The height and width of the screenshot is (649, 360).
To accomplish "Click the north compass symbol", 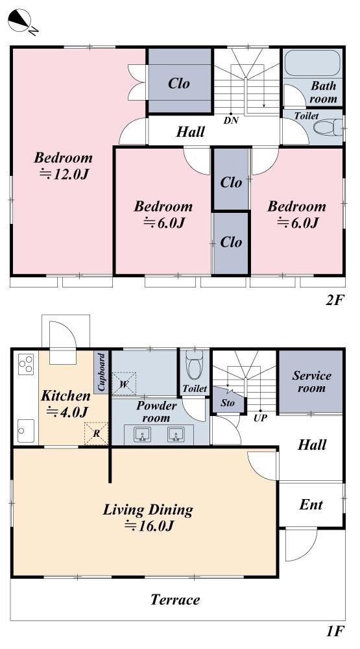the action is [21, 21].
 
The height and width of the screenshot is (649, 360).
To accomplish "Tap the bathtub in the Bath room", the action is [313, 63].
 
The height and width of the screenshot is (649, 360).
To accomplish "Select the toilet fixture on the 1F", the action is [195, 365].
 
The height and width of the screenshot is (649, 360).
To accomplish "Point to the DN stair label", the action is [231, 121].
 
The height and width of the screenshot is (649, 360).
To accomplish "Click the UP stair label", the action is [260, 418].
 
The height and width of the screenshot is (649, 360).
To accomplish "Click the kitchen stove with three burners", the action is [25, 365].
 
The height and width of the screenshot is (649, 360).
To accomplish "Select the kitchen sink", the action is [26, 431].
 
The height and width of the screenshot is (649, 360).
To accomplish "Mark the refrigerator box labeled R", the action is [96, 434].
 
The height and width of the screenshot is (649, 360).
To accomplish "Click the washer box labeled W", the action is [124, 384].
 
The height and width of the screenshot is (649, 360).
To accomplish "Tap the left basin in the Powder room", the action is [143, 434].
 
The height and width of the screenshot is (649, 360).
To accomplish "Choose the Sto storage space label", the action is [227, 402].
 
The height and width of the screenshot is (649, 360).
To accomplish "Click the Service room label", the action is [311, 382].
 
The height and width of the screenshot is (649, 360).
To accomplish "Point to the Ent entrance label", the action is [311, 505].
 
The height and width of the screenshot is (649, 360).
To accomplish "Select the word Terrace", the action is [175, 599].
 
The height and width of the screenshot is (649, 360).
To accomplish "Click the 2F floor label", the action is [335, 300].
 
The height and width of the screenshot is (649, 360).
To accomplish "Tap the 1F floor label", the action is [335, 631].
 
